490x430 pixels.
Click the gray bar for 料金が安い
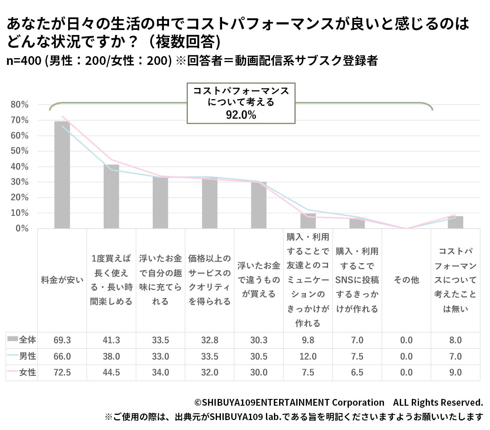point(62,175)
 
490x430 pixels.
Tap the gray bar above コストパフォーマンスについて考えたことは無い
point(455,222)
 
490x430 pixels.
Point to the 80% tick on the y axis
point(20,105)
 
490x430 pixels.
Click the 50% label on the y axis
point(20,151)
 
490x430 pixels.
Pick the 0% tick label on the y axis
point(22,229)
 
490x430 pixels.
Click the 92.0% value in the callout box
point(241,115)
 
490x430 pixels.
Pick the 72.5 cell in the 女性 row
point(62,373)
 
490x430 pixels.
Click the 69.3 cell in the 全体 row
point(62,340)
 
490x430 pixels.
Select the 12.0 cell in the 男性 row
point(308,356)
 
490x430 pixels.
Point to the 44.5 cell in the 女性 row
point(111,373)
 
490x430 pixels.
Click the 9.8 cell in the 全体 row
point(308,340)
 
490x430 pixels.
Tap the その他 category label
point(406,280)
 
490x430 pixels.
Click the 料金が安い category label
point(62,280)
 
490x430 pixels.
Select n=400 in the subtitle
point(24,61)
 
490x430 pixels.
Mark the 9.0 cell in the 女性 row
point(455,373)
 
